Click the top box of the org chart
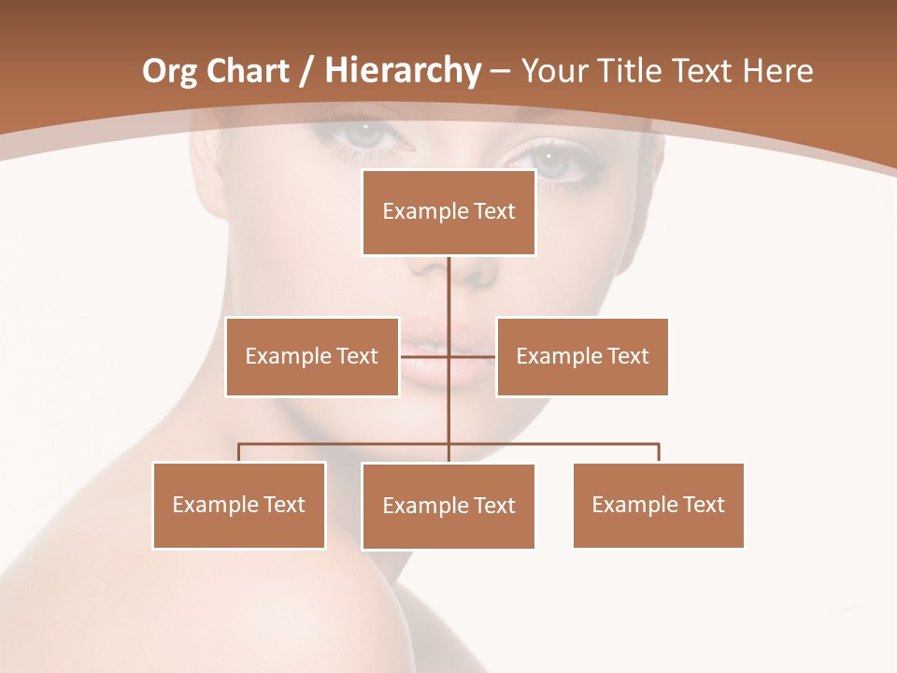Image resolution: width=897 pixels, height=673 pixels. click(x=448, y=212)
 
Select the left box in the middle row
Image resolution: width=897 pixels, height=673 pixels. click(x=312, y=356)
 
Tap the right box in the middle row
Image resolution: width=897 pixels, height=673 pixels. click(x=582, y=356)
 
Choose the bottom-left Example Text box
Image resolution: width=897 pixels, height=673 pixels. click(x=239, y=505)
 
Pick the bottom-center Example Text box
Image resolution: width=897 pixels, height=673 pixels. click(x=448, y=506)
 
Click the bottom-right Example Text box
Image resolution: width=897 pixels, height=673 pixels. click(x=658, y=505)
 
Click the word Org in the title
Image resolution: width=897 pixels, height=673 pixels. click(x=169, y=71)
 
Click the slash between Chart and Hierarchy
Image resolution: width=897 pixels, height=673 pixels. click(x=306, y=71)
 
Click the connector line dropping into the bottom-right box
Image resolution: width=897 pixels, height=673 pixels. click(x=659, y=452)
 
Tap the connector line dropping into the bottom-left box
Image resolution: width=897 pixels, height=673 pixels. click(x=239, y=452)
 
